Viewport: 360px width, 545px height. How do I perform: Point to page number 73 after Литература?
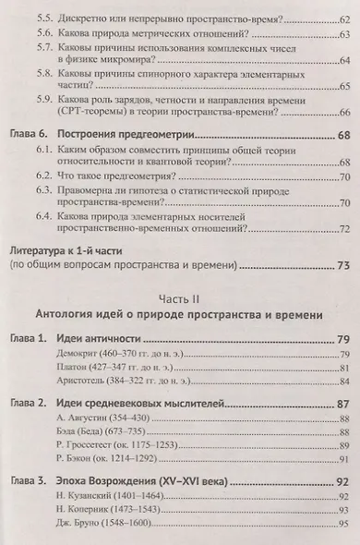342,266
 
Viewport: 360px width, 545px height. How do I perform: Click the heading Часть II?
179,300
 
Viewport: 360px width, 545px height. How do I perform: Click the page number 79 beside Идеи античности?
341,341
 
